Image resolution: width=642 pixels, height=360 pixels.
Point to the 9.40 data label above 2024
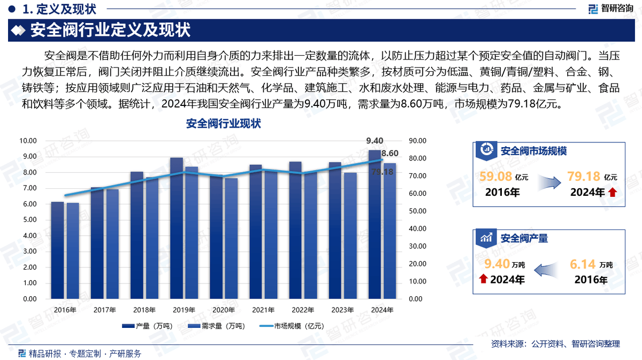(x=374, y=141)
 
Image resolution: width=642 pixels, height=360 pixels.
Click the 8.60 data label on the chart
(x=389, y=154)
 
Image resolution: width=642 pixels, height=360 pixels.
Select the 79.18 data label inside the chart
(x=382, y=172)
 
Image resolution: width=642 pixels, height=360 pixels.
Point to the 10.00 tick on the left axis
(x=28, y=141)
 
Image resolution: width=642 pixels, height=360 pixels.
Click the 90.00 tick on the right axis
(x=417, y=141)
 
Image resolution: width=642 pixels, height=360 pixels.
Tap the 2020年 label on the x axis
(x=224, y=310)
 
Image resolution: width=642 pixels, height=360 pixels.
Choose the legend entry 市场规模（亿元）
(x=292, y=326)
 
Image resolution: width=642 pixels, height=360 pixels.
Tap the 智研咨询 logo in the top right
(x=610, y=8)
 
